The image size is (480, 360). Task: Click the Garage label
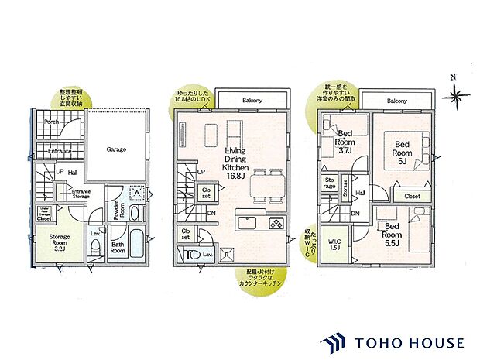(117, 149)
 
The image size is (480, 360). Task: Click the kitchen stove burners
(277, 224)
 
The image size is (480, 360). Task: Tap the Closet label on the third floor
(412, 197)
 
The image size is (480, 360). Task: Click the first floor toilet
(94, 246)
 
